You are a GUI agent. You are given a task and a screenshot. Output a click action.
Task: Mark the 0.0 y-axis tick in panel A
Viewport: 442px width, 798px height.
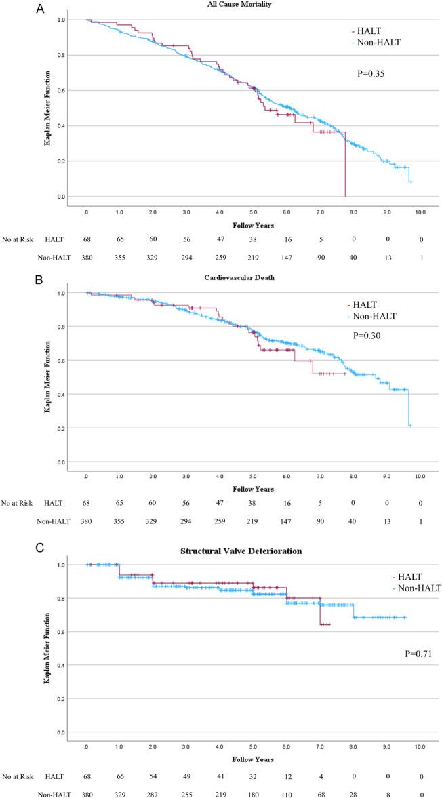(61, 197)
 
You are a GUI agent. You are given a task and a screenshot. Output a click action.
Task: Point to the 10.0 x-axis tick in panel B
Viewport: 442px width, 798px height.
(420, 477)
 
